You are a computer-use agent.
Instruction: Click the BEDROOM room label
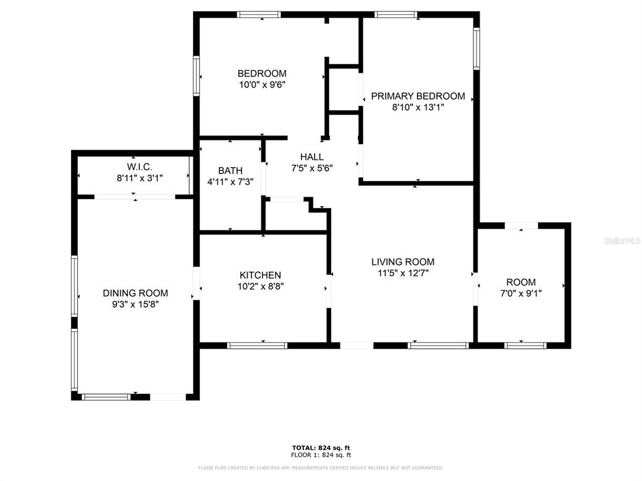point(262,74)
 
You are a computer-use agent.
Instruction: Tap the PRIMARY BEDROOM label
point(418,96)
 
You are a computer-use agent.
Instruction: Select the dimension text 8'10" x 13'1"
point(418,108)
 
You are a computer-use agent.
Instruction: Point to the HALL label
point(312,157)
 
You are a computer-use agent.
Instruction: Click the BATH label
point(230,170)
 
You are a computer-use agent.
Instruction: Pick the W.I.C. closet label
point(140,167)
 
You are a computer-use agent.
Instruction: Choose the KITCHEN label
point(260,276)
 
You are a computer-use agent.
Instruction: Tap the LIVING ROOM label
point(403,262)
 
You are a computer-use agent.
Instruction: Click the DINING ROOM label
point(135,293)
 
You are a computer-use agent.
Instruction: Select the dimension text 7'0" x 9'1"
point(521,294)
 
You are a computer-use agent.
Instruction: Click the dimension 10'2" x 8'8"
point(260,287)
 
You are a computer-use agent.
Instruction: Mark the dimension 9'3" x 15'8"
point(135,305)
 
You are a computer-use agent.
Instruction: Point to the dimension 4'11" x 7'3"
point(230,182)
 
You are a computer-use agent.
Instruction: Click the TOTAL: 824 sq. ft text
point(321,448)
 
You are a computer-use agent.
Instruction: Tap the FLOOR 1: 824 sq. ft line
point(321,455)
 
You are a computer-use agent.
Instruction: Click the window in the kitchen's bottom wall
point(257,346)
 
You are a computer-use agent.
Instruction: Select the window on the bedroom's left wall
point(196,76)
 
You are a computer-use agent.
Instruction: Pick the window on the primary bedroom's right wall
point(476,48)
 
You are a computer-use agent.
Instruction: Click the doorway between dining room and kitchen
point(196,284)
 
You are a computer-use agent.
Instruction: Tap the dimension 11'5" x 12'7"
point(403,273)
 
